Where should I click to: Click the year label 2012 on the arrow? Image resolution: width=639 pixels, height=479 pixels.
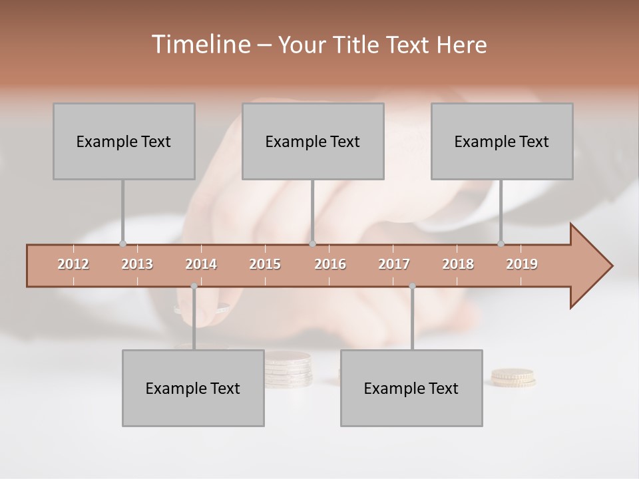(x=73, y=264)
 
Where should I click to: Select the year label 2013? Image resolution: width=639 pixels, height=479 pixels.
(x=137, y=264)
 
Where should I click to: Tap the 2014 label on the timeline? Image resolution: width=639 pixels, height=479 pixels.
(x=201, y=264)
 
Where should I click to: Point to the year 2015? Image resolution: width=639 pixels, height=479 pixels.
(x=265, y=264)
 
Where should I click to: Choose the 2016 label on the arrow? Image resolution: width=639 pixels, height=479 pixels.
(x=330, y=264)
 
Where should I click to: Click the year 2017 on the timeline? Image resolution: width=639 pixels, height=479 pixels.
(x=394, y=264)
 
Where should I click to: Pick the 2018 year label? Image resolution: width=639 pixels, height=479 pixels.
(x=458, y=264)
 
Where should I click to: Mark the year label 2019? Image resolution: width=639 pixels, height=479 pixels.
(x=522, y=264)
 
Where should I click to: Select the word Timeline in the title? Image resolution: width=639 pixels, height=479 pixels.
(x=200, y=45)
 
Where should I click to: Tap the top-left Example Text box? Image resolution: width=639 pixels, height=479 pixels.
(x=124, y=141)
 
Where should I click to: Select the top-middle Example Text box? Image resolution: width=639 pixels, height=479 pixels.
(x=313, y=141)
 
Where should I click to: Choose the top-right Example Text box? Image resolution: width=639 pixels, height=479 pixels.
(x=502, y=141)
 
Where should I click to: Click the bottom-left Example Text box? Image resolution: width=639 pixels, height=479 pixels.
(x=193, y=388)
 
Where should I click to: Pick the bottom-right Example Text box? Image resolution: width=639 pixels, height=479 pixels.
(x=411, y=388)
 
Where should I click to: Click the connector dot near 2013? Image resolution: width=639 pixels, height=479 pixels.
(x=122, y=243)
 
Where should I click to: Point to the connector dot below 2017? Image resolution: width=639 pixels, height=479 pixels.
(x=412, y=286)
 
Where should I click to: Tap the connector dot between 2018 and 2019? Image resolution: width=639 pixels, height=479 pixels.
(x=501, y=243)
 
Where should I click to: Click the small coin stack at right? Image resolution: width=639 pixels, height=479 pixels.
(x=513, y=378)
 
